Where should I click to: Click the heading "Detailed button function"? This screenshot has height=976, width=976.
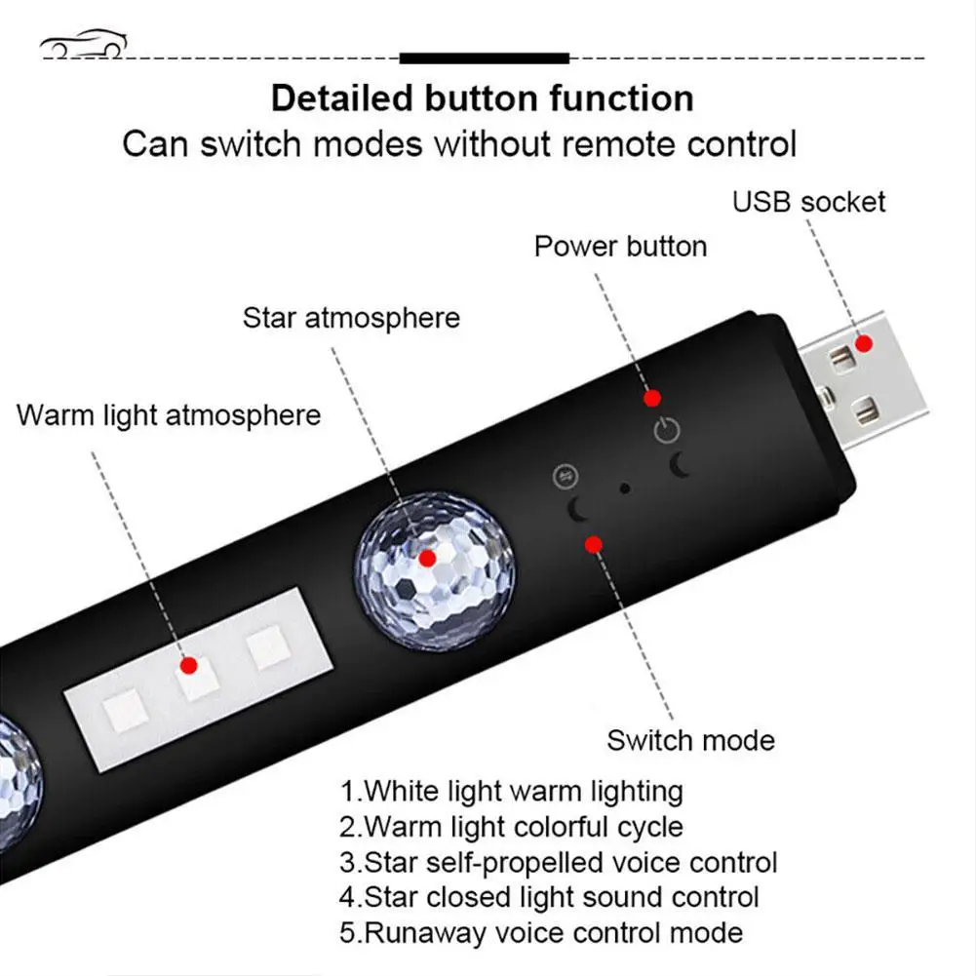coord(482,98)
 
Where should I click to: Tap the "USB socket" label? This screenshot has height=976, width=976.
coord(808,202)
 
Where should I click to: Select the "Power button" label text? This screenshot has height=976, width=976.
coord(620,246)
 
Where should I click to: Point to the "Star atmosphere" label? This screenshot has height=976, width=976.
coord(351,318)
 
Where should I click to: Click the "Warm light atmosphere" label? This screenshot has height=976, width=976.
coord(169,414)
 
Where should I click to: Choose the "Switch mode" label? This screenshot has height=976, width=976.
coord(690,740)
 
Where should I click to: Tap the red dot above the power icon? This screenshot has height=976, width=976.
coord(652,398)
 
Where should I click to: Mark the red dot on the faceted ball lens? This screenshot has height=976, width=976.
coord(426,559)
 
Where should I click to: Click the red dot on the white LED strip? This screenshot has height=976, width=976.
coord(189,666)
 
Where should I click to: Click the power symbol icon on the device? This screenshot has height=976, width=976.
coord(665,430)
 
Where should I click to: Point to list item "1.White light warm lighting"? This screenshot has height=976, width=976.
coord(511,790)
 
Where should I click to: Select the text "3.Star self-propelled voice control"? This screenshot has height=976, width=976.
coord(558,862)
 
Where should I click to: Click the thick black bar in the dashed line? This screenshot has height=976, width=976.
coord(484,59)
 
